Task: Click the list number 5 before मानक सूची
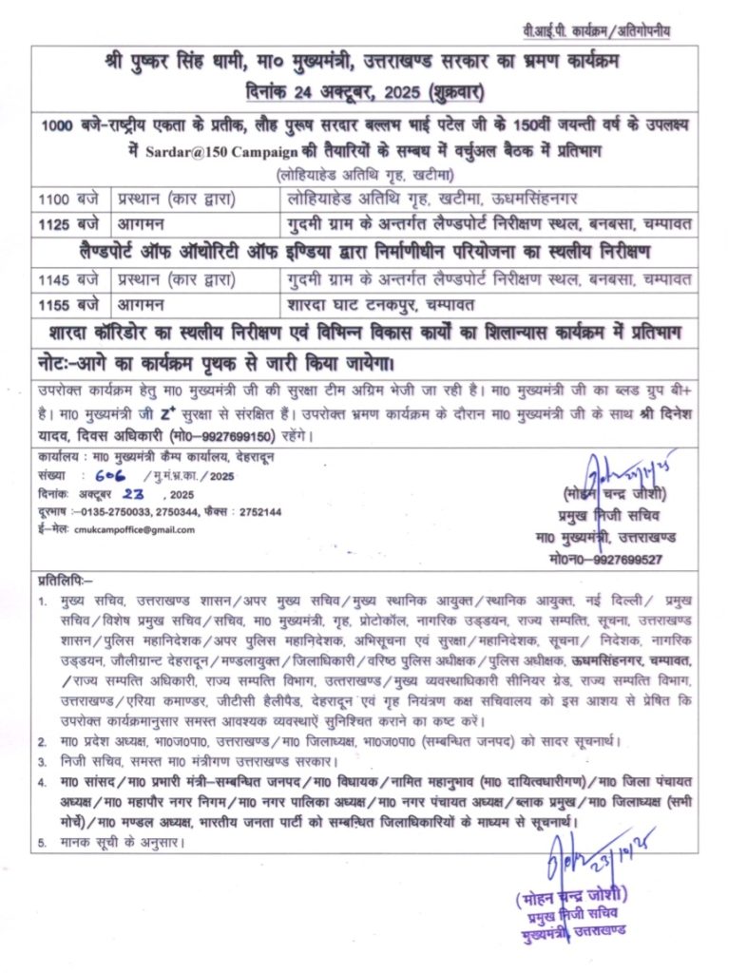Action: coord(43,842)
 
